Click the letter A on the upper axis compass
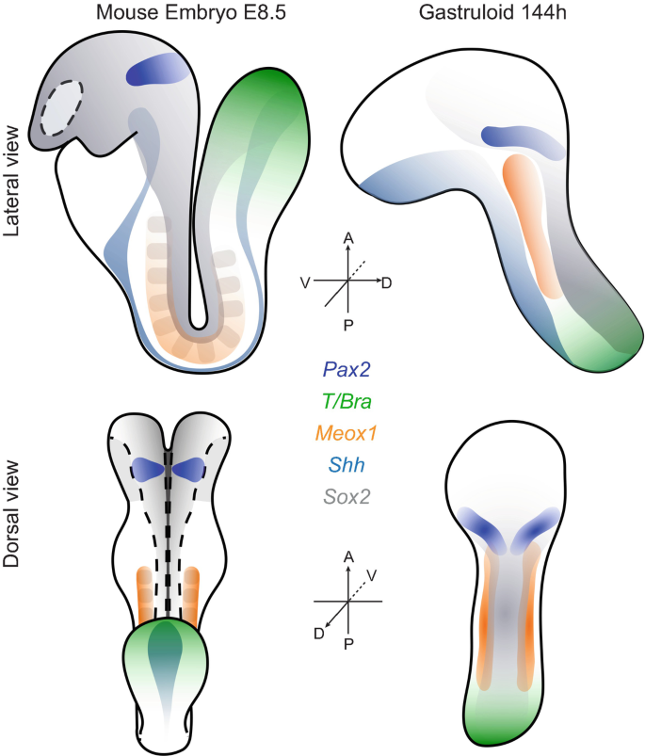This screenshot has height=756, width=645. (348, 241)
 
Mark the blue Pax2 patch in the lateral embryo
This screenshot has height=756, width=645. (159, 71)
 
